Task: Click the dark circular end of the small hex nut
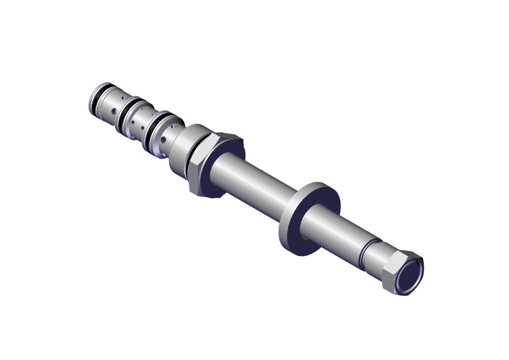tap(410, 277)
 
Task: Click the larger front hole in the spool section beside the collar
tap(163, 140)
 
